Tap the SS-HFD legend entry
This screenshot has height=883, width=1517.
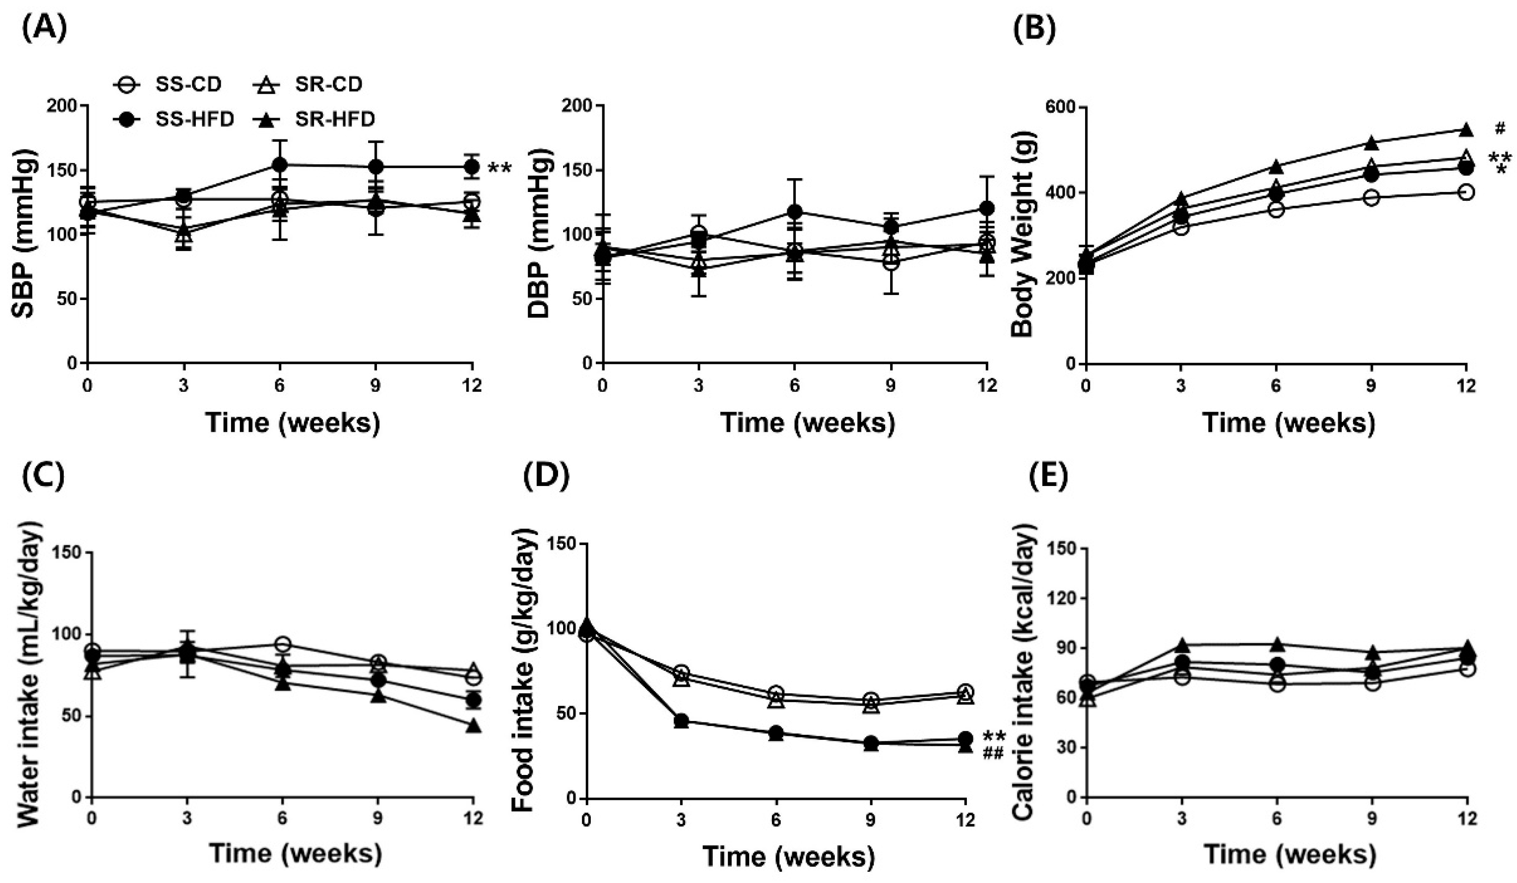(x=175, y=119)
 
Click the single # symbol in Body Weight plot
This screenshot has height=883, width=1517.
(x=1499, y=128)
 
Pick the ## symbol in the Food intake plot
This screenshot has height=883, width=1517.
(x=993, y=753)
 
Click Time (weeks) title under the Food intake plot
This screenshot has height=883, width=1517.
(x=788, y=857)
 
